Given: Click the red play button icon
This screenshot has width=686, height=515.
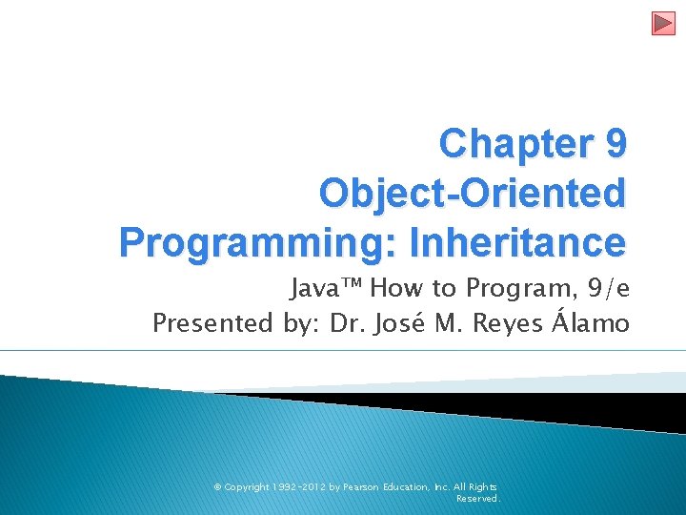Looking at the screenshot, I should pyautogui.click(x=663, y=23).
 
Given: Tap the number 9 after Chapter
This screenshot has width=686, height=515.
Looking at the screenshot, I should pyautogui.click(x=615, y=144).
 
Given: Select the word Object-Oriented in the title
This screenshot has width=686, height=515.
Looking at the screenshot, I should pyautogui.click(x=474, y=193).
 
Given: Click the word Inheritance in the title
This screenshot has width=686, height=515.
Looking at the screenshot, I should pyautogui.click(x=518, y=242).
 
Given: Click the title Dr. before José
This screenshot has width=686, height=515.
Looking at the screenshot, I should pyautogui.click(x=350, y=323).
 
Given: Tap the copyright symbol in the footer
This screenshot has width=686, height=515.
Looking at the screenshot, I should pyautogui.click(x=217, y=486).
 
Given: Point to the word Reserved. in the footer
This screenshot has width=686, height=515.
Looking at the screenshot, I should pyautogui.click(x=478, y=498).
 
